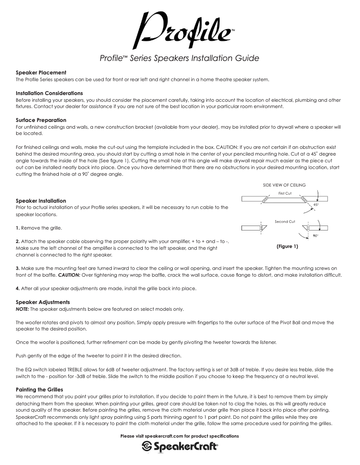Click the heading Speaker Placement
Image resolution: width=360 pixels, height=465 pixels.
[x=41, y=73]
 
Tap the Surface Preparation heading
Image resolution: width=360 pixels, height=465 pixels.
[x=41, y=120]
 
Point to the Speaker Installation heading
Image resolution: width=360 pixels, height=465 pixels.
[x=41, y=201]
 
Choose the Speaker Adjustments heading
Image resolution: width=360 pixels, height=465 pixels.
[x=43, y=302]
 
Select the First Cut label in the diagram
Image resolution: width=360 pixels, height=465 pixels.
[x=285, y=193]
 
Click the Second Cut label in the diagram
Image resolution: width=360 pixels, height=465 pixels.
[x=285, y=222]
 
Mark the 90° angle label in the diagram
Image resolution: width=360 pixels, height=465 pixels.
[x=316, y=235]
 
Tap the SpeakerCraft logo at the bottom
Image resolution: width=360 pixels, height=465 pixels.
[x=180, y=447]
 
